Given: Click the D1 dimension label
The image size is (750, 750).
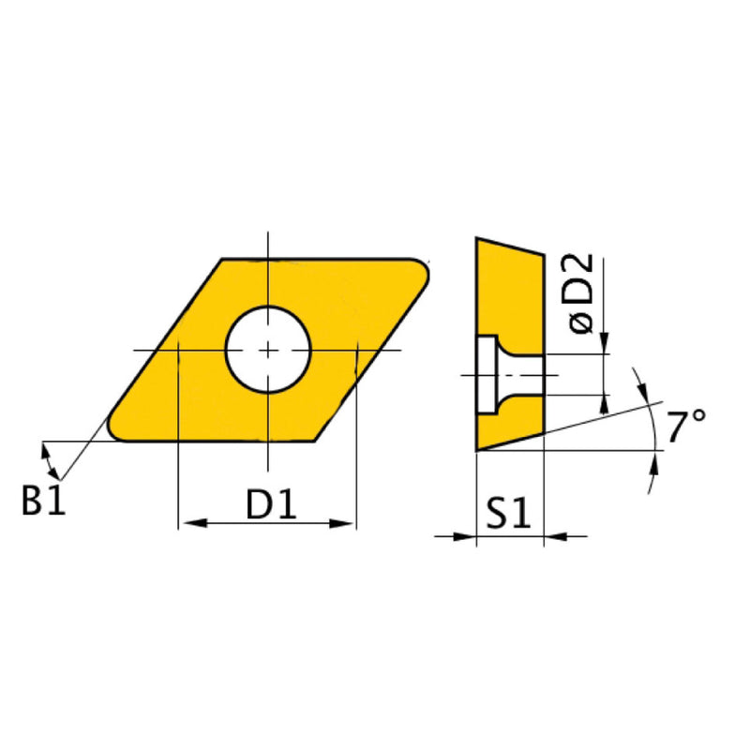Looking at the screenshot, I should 271,506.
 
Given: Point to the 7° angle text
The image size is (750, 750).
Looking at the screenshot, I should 687,427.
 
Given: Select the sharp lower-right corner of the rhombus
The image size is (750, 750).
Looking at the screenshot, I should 322,442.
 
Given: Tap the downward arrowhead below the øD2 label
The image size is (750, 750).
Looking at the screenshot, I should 606,345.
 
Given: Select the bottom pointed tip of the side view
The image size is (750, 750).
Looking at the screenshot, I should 477,451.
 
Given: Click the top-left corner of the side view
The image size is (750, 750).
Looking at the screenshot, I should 477,238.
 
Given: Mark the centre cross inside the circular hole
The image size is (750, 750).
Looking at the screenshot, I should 268,350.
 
